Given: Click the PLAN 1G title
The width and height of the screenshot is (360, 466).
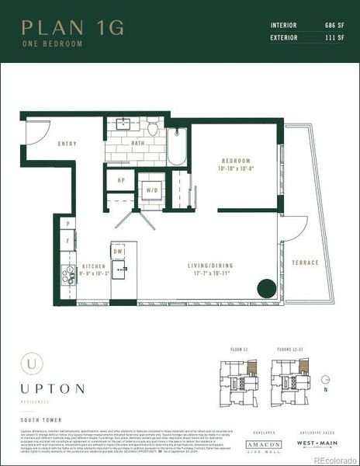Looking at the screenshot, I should pyautogui.click(x=72, y=28).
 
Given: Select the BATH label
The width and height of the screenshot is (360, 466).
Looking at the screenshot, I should pyautogui.click(x=137, y=144).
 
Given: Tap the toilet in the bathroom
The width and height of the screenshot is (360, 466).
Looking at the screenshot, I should pyautogui.click(x=154, y=126).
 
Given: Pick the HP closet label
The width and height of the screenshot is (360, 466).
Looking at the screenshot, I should pyautogui.click(x=120, y=180).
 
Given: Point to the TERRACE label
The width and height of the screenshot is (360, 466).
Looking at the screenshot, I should pyautogui.click(x=305, y=263).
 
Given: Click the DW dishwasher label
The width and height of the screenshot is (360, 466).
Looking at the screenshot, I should pyautogui.click(x=119, y=252).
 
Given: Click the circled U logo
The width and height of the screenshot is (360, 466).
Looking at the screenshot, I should pyautogui.click(x=31, y=361).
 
